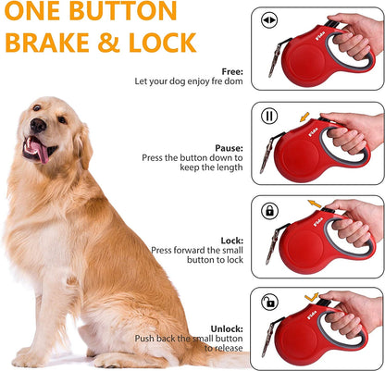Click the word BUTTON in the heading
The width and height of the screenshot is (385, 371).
[123, 12]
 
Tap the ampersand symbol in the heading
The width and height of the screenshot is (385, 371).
[126, 43]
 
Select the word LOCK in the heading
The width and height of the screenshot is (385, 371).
[168, 43]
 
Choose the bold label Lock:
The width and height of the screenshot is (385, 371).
[231, 239]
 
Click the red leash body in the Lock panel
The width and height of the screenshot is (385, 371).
[310, 241]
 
